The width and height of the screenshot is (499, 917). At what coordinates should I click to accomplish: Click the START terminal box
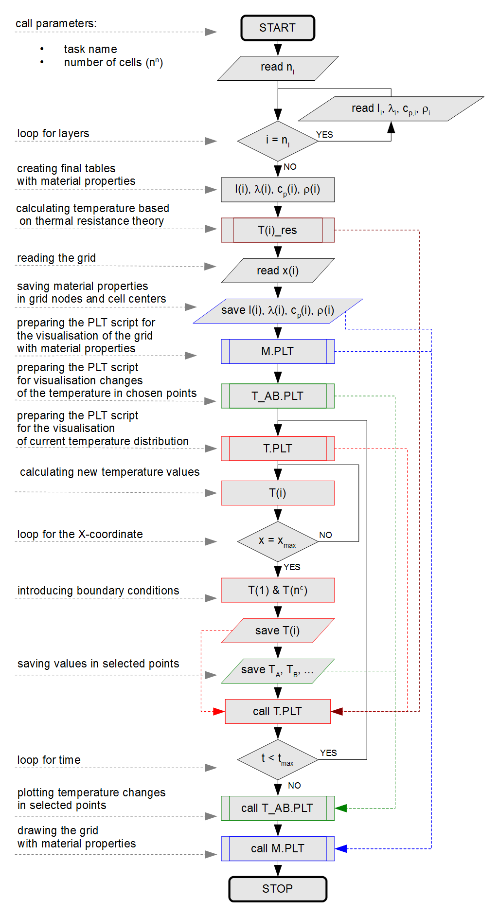(x=278, y=28)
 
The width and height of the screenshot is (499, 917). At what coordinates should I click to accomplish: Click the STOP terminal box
(x=278, y=889)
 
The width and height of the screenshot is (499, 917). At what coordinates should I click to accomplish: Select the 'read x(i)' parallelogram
(x=278, y=270)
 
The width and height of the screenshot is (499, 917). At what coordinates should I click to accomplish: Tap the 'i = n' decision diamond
(x=278, y=141)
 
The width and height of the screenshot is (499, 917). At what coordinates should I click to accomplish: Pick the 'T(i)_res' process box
(x=278, y=230)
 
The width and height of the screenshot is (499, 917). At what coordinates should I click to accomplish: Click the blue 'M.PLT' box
(x=278, y=351)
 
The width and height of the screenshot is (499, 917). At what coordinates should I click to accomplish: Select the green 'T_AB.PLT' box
(x=278, y=396)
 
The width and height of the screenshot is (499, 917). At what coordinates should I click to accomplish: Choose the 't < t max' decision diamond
(x=278, y=759)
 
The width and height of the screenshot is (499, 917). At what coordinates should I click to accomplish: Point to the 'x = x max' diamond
(x=278, y=541)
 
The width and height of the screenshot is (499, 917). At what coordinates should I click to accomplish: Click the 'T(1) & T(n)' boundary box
(x=278, y=590)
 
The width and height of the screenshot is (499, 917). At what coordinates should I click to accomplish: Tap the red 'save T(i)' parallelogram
(x=278, y=630)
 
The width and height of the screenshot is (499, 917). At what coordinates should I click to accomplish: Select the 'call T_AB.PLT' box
(x=278, y=808)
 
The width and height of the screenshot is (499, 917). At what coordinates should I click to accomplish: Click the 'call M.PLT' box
(x=278, y=848)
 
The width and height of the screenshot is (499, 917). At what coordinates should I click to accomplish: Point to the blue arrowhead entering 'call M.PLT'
(x=341, y=848)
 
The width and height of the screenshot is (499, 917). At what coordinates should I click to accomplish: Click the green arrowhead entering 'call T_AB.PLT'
(x=341, y=808)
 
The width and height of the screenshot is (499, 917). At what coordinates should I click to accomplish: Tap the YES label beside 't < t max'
(x=328, y=753)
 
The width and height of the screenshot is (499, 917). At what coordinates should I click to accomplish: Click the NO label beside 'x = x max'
(x=325, y=535)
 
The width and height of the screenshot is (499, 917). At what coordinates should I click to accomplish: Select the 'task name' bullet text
(x=90, y=49)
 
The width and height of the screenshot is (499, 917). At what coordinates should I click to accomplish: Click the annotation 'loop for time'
(x=49, y=760)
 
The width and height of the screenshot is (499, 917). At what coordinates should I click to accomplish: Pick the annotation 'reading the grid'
(x=56, y=258)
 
